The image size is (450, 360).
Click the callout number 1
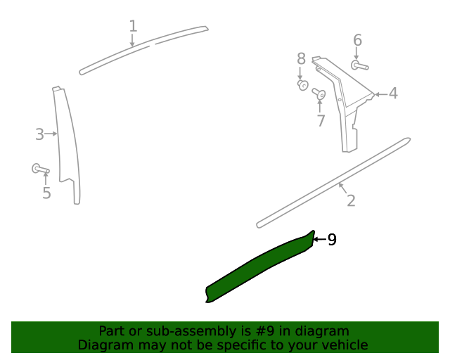[133, 26]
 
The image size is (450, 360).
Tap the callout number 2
[351, 200]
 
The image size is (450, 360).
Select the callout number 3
[39, 134]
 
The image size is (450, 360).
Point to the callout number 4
[393, 94]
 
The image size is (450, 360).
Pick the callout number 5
[46, 193]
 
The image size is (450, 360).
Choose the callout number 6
[357, 40]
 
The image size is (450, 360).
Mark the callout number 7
[321, 120]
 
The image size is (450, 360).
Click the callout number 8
[301, 59]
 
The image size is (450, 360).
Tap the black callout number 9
[332, 240]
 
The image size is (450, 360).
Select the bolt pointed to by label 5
[40, 169]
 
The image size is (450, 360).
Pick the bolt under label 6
[359, 65]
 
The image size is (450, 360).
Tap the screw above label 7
[319, 94]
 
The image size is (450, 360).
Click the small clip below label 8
[303, 84]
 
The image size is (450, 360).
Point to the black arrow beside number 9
[319, 239]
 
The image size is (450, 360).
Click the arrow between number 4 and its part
[380, 94]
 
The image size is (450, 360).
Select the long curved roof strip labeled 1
[143, 49]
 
